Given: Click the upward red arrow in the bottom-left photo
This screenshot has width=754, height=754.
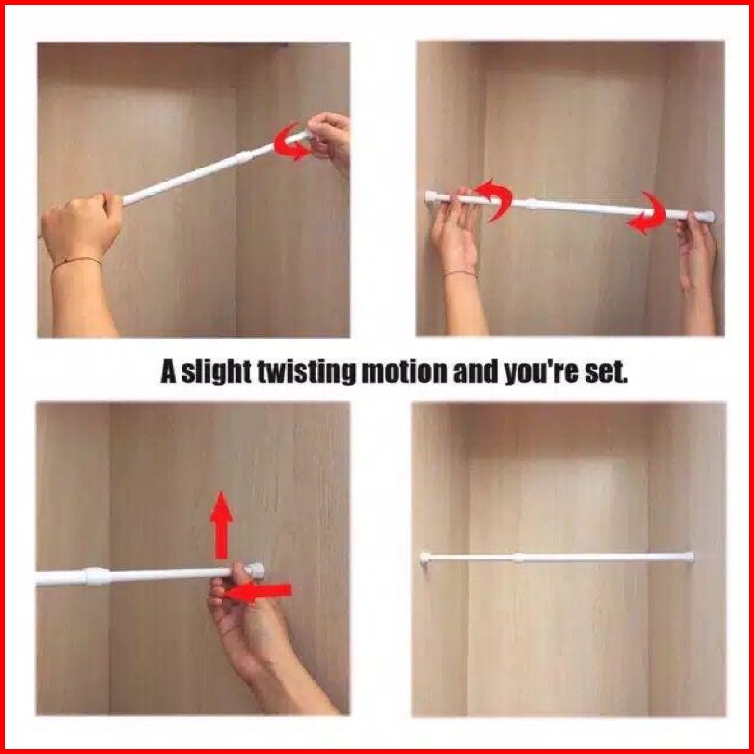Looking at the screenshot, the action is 222,525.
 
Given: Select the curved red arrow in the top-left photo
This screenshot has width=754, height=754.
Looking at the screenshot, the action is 289,142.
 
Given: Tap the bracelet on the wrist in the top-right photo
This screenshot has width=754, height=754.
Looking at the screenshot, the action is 461,273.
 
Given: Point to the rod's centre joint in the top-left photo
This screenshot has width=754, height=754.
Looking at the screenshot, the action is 244,157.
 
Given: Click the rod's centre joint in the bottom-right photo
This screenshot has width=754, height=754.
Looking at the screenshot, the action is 518,558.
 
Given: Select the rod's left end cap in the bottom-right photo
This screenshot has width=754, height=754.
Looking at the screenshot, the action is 425,558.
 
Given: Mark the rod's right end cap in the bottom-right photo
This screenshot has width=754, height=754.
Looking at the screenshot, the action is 689,558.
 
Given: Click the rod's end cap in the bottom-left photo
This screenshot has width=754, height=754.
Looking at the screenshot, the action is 257,571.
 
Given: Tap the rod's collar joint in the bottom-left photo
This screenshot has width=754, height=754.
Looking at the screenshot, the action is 97,576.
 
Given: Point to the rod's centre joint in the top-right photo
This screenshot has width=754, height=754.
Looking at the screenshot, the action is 532,204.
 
